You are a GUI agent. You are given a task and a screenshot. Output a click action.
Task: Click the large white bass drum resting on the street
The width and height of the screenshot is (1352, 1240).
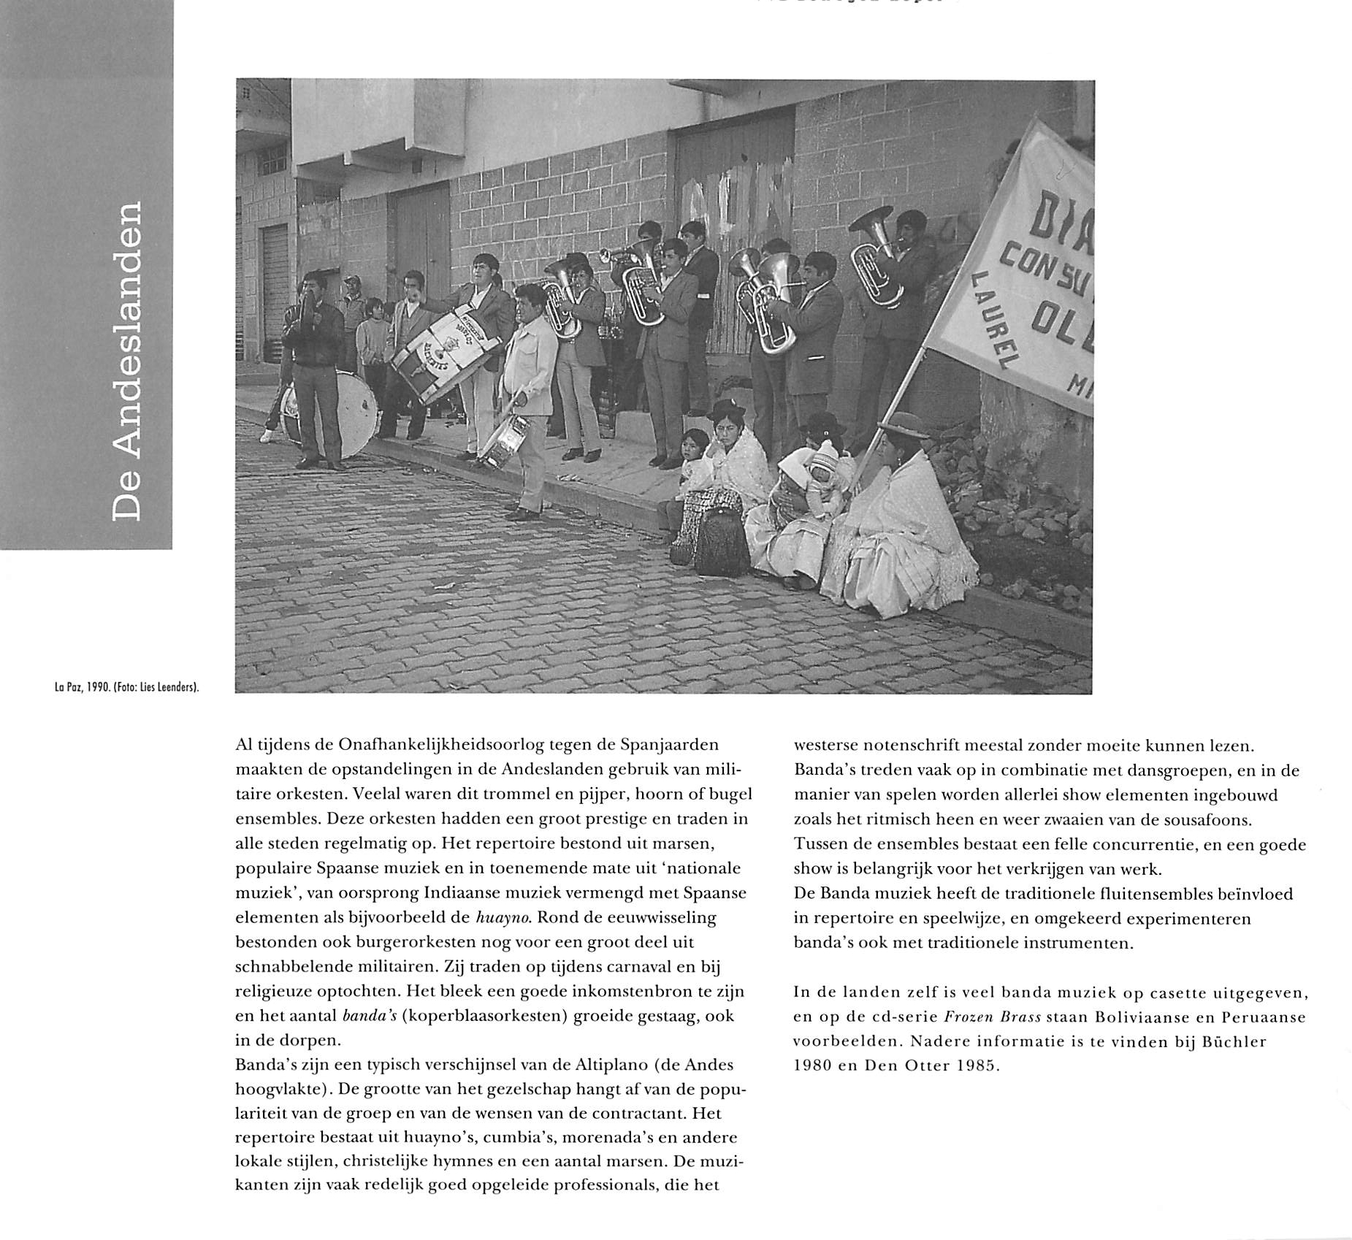336,413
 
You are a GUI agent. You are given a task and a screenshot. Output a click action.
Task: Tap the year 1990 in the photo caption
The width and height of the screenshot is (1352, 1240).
98,687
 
